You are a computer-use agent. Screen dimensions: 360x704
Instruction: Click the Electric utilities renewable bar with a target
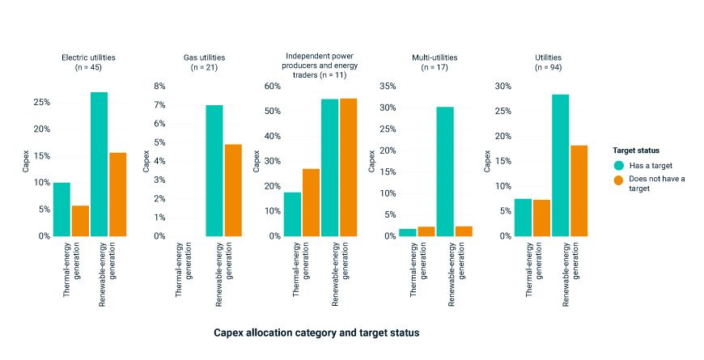(x=99, y=164)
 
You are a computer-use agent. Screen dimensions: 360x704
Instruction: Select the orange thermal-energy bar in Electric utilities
(x=80, y=221)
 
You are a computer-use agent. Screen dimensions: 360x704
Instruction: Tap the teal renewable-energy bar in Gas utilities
(x=214, y=171)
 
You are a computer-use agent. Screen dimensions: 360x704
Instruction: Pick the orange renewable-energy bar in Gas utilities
(x=232, y=190)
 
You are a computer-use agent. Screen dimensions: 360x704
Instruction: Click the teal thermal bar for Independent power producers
(x=292, y=214)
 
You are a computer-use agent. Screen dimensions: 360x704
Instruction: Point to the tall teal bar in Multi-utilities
(x=445, y=172)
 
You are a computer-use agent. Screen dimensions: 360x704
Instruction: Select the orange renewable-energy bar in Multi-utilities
(x=463, y=231)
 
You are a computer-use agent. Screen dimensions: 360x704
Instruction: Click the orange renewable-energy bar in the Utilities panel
(x=579, y=191)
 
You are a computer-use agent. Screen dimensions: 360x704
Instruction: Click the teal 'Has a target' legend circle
(x=619, y=165)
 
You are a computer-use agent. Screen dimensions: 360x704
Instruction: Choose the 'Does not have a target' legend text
(x=656, y=184)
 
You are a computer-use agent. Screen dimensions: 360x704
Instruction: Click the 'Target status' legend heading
(x=635, y=150)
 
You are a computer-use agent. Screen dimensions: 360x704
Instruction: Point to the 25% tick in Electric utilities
(x=41, y=103)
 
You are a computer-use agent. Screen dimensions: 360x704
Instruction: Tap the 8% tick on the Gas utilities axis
(x=159, y=86)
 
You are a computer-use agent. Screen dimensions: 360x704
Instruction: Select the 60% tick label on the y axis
(x=271, y=86)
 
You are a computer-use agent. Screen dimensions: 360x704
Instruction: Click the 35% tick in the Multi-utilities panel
(x=387, y=86)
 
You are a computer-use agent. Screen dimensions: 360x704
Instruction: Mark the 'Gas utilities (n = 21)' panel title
(x=204, y=62)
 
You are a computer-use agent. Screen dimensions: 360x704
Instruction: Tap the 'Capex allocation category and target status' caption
(x=316, y=332)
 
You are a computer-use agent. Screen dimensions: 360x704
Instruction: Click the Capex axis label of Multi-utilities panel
(x=372, y=161)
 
